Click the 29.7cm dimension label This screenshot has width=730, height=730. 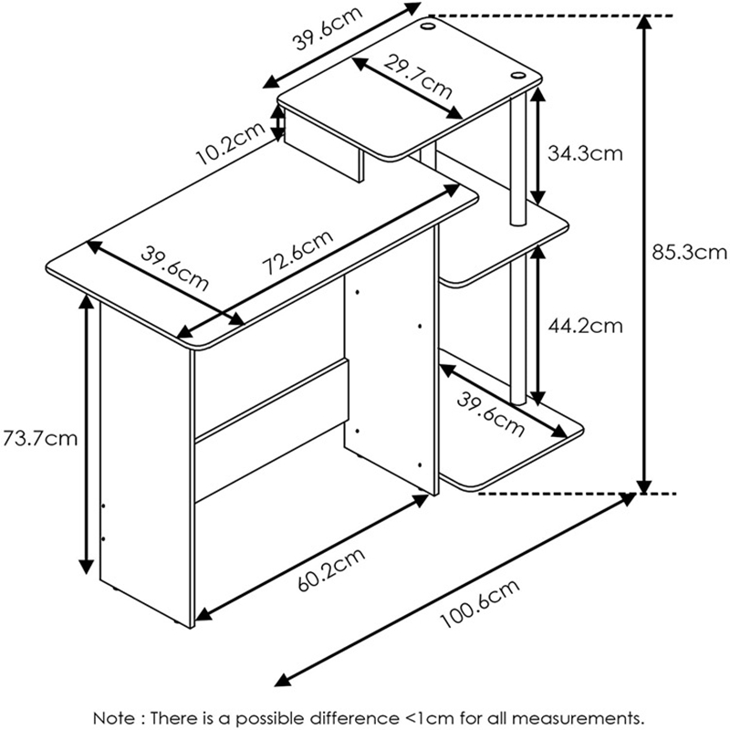(417, 77)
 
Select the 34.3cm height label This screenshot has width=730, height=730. (585, 153)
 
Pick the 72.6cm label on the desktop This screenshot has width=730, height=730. (296, 256)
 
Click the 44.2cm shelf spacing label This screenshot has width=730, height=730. (585, 325)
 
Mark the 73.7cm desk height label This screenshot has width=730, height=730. (39, 439)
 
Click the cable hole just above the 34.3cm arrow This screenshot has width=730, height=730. (520, 75)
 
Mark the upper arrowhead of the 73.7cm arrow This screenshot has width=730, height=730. (87, 307)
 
